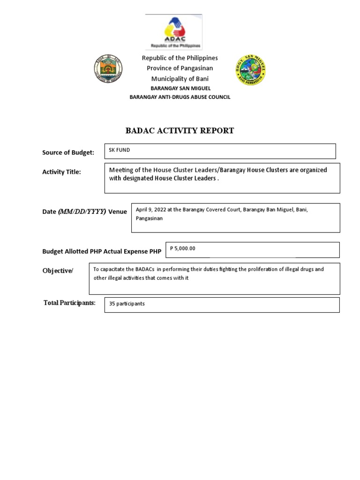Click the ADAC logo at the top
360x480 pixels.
(x=174, y=31)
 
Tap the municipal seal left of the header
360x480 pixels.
(x=108, y=70)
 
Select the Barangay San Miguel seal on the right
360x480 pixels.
(x=250, y=70)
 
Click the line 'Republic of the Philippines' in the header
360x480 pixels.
(x=180, y=58)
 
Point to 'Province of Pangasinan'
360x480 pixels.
(x=180, y=68)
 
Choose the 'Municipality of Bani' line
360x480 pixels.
(x=180, y=79)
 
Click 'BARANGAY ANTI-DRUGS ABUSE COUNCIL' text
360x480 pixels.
(x=180, y=97)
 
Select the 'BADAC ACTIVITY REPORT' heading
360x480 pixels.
(x=180, y=131)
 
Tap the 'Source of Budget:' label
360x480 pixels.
(x=68, y=152)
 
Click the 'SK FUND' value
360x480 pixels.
(x=120, y=150)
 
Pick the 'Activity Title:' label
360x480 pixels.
(x=61, y=172)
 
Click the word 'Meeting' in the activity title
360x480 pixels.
(x=120, y=170)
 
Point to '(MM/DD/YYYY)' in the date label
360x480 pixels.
(x=82, y=211)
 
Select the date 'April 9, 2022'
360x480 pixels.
(x=150, y=210)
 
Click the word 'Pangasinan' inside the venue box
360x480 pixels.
(x=149, y=218)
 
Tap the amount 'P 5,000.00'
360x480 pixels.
(x=182, y=248)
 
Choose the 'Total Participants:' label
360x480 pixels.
(x=69, y=303)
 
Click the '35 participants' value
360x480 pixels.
(x=127, y=304)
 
